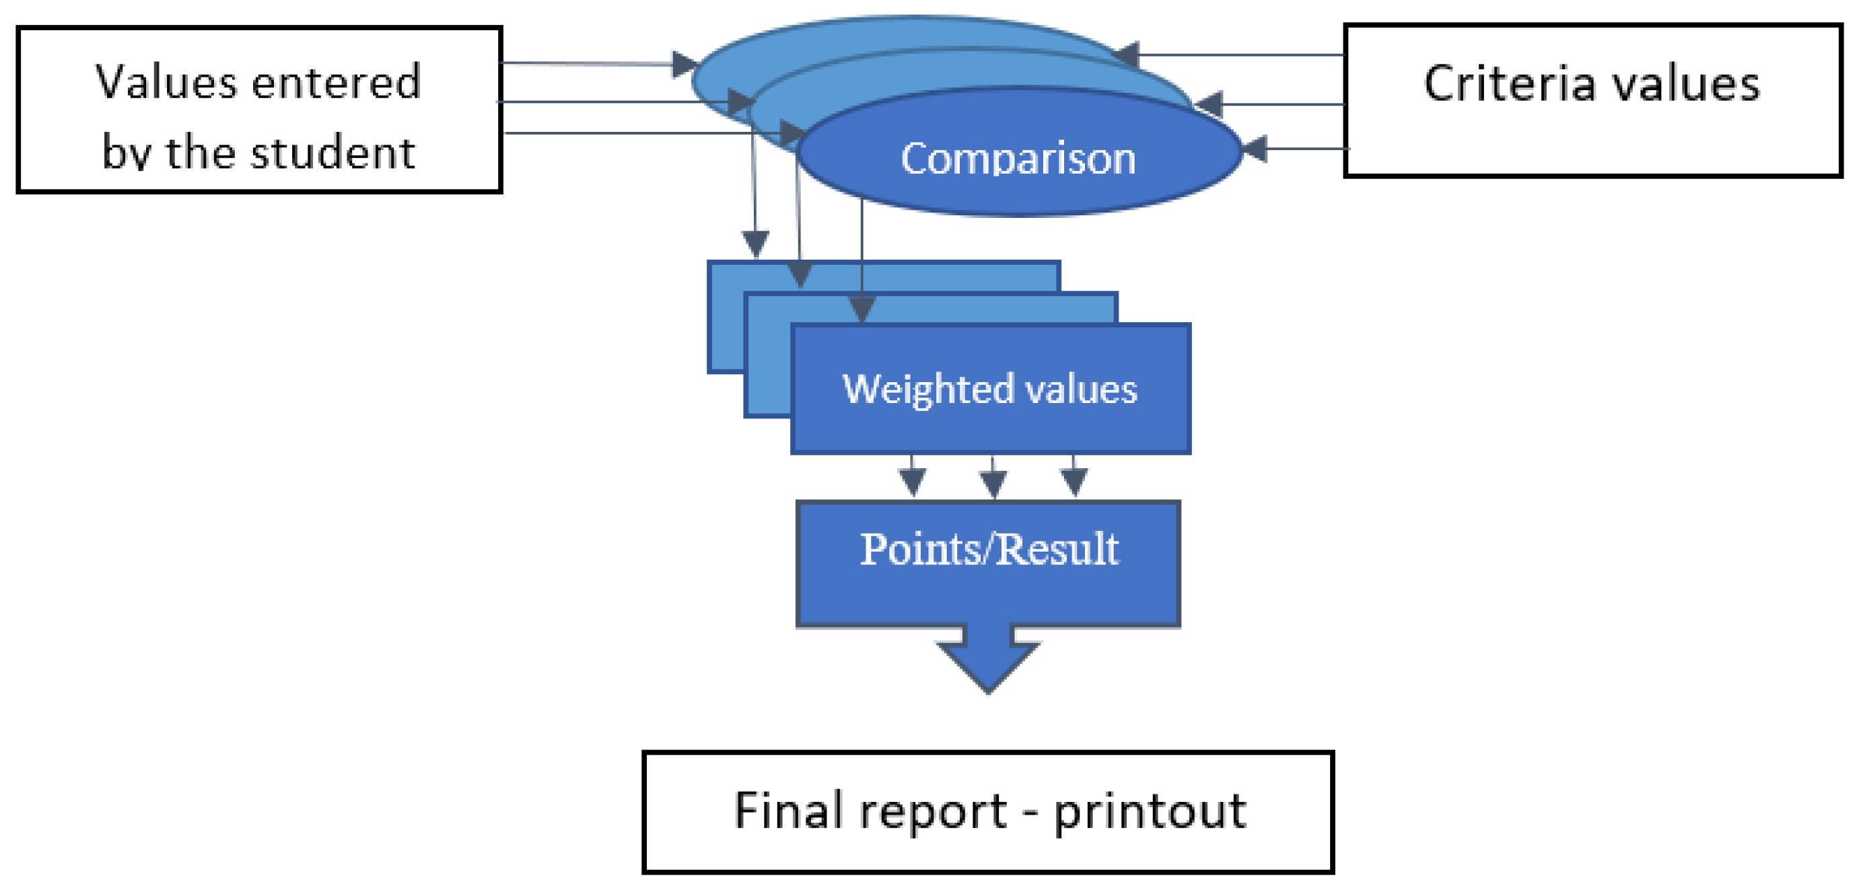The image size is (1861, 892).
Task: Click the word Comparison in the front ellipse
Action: pos(1017,158)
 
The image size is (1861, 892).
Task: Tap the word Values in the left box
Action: pos(166,81)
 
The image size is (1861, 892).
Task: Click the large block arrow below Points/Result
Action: pos(987,661)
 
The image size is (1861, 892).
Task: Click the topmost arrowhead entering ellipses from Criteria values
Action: pos(1127,55)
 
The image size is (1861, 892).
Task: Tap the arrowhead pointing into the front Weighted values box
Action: pos(861,309)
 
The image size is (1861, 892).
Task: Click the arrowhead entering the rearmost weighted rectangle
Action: pos(756,244)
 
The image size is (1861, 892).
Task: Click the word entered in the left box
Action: pos(336,81)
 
